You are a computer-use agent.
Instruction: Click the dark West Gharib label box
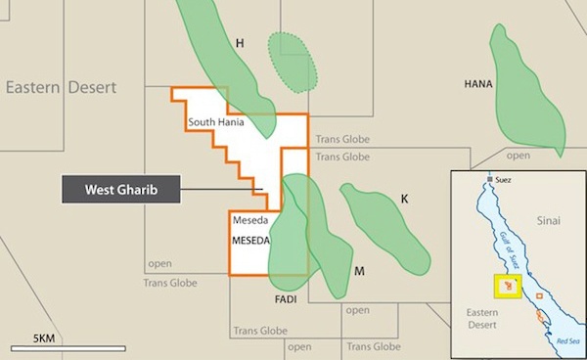tap(121, 189)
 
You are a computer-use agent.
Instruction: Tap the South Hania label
tap(216, 123)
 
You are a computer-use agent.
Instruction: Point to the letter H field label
tap(239, 43)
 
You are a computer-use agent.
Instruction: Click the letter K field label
tap(403, 200)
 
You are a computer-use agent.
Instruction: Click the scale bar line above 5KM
tap(68, 348)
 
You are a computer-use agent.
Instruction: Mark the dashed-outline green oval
tap(293, 62)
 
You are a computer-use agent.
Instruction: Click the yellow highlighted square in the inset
tap(508, 288)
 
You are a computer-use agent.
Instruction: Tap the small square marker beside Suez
tap(488, 181)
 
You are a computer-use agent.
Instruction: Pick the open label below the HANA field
tap(519, 155)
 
